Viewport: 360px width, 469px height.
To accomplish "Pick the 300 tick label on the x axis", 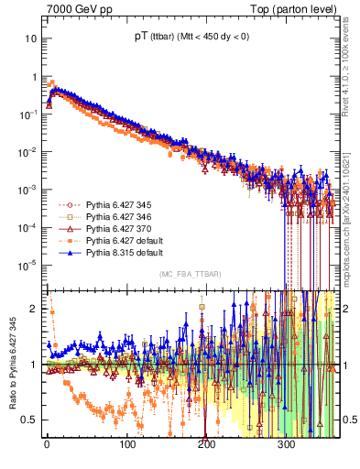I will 286,444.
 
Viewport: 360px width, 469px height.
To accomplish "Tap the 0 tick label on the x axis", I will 47,444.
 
